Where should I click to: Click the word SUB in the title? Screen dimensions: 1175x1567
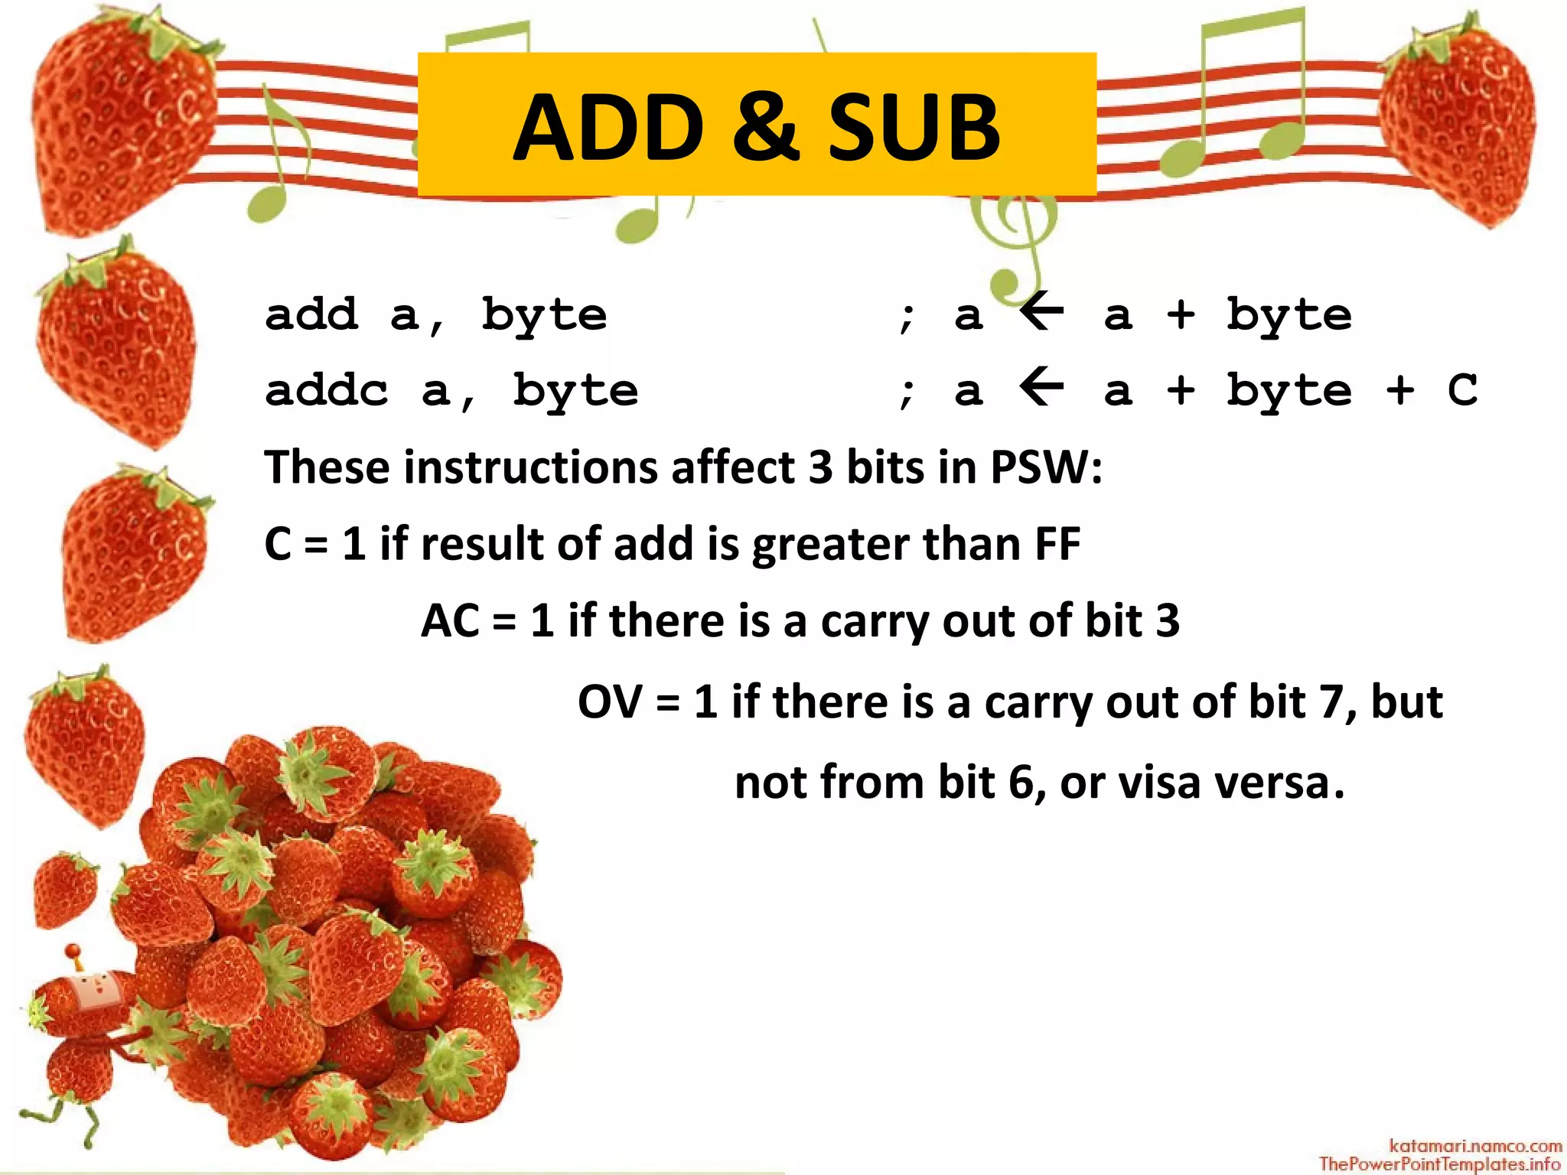coord(914,127)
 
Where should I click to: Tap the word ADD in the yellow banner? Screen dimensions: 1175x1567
coord(608,127)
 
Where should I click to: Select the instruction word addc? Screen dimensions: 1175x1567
coord(327,390)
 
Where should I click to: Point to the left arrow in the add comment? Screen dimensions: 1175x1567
coord(1042,312)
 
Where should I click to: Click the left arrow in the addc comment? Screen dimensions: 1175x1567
coord(1042,388)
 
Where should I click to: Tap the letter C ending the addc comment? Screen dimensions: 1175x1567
coord(1462,390)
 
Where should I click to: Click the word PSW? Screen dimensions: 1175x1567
coord(1045,467)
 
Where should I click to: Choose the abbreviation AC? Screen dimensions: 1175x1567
coord(450,620)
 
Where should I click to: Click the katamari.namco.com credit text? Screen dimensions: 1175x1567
coord(1475,1145)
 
